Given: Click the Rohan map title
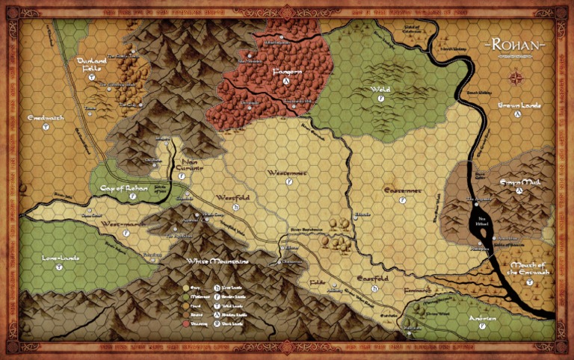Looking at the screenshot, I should pos(516,46).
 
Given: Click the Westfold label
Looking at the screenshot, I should pos(231,197).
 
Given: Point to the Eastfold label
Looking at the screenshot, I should pos(371,279).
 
